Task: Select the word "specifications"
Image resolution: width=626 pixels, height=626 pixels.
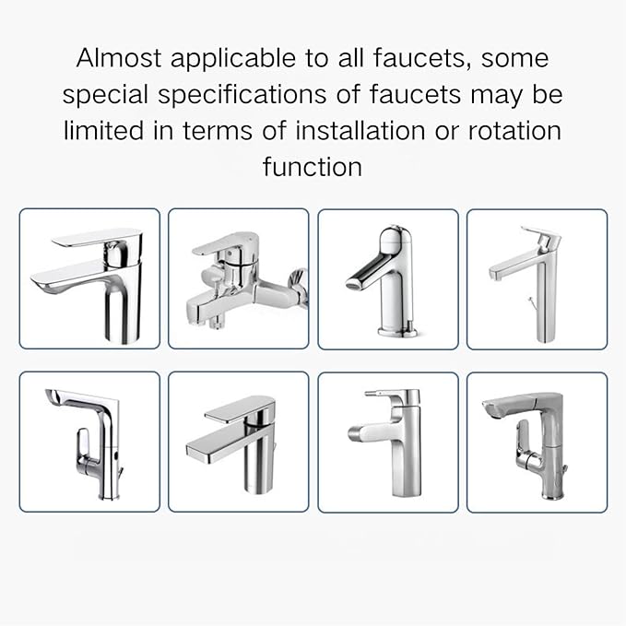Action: click(x=260, y=95)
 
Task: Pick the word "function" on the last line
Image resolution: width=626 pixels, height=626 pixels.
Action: click(x=313, y=166)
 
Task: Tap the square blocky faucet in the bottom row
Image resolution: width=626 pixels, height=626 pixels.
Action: click(x=238, y=442)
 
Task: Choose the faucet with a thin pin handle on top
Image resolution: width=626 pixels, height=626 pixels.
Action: click(x=387, y=442)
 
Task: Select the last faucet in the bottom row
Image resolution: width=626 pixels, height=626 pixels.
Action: click(x=536, y=442)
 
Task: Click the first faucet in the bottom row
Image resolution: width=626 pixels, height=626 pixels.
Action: click(x=89, y=442)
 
